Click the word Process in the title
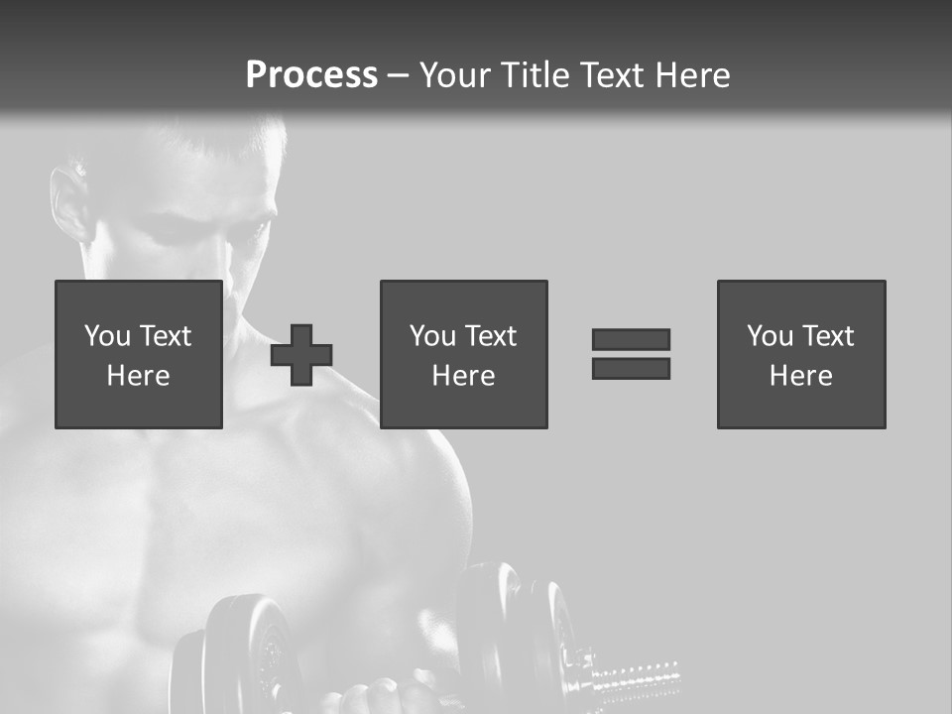pyautogui.click(x=311, y=75)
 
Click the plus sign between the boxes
pyautogui.click(x=301, y=355)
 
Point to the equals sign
pyautogui.click(x=631, y=354)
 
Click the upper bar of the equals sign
pyautogui.click(x=631, y=340)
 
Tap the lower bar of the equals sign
pyautogui.click(x=631, y=368)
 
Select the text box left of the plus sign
pyautogui.click(x=139, y=354)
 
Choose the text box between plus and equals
pyautogui.click(x=463, y=354)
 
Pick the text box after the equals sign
pyautogui.click(x=800, y=354)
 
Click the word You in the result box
pyautogui.click(x=771, y=336)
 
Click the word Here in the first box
pyautogui.click(x=139, y=376)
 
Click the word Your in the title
pyautogui.click(x=454, y=75)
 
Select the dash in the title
pyautogui.click(x=399, y=75)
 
